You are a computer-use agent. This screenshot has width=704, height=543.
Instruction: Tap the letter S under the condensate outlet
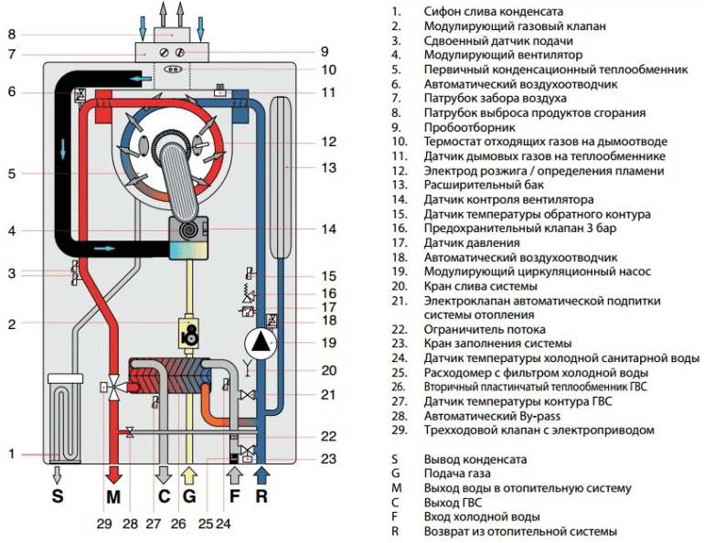click(58, 497)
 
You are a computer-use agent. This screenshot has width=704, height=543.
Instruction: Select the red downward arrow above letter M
click(113, 474)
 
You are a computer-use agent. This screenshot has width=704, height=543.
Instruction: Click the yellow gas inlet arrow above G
click(189, 474)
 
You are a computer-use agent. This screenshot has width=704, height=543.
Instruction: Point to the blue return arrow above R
click(263, 474)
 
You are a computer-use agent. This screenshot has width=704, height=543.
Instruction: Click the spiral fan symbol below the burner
click(189, 229)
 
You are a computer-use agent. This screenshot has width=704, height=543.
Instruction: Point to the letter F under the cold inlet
click(235, 497)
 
